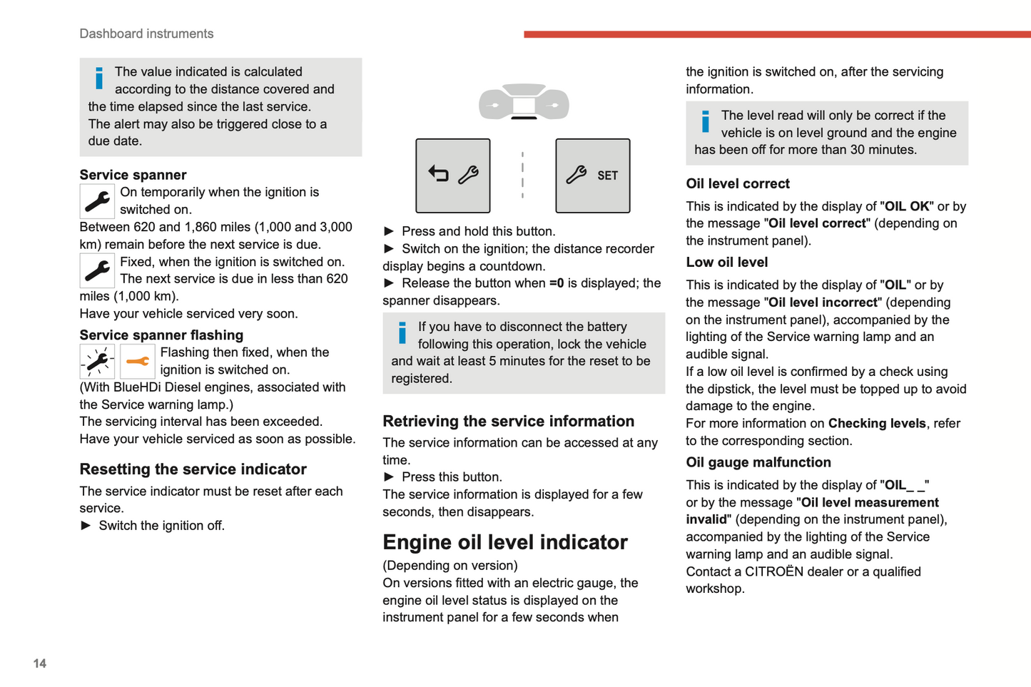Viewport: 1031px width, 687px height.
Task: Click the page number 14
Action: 40,663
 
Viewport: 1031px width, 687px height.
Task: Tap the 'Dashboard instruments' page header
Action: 146,34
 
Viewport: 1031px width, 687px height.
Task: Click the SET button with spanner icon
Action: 592,175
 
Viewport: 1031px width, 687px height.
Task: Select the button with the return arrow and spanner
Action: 453,175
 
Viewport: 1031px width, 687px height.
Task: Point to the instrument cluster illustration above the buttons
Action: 524,102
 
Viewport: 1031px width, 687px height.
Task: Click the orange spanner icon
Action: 137,362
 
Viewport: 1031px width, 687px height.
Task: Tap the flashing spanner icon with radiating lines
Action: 97,362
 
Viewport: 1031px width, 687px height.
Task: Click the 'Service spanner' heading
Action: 133,175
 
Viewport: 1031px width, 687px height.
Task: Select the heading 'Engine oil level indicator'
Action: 504,542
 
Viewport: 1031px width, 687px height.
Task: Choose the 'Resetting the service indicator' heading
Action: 193,469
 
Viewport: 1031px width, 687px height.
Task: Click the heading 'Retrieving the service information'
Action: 508,421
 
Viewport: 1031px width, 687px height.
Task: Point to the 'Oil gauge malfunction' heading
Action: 758,462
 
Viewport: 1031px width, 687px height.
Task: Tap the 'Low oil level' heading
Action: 726,262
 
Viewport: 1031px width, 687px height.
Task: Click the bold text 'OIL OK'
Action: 907,206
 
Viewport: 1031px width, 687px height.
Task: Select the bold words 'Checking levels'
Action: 877,423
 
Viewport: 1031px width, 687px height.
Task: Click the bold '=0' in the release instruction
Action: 557,283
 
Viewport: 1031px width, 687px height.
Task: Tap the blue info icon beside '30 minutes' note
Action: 705,121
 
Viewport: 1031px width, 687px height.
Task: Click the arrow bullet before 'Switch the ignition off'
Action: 86,526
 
